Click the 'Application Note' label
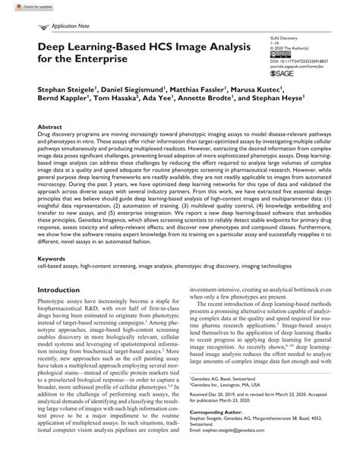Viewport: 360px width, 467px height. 71,26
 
